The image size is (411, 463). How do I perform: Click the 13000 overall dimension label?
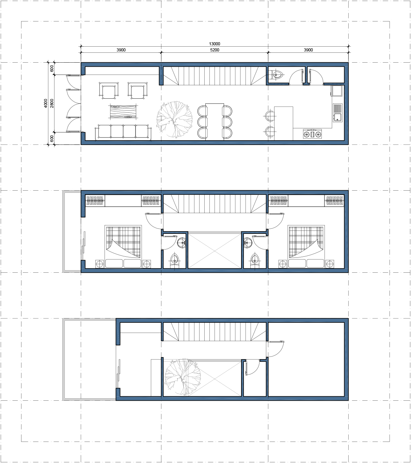(x=215, y=44)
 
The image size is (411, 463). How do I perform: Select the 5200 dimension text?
(x=215, y=50)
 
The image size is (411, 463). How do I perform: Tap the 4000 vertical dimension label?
(x=46, y=103)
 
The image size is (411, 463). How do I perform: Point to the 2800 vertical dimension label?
(x=52, y=103)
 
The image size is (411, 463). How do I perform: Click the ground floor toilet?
(x=276, y=74)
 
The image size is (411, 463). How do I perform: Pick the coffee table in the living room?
(x=124, y=111)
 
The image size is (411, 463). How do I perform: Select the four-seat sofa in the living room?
(x=123, y=132)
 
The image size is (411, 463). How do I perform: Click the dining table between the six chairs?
(x=215, y=121)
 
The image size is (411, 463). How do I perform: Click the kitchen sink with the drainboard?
(x=337, y=113)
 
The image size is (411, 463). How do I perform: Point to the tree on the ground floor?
(x=174, y=119)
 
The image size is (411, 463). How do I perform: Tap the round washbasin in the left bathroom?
(x=182, y=242)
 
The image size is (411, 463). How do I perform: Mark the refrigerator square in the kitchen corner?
(x=337, y=91)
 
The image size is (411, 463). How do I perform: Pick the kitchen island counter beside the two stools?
(x=283, y=123)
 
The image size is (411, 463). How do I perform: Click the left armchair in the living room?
(x=109, y=91)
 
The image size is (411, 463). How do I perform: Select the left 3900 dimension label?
(x=121, y=50)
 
